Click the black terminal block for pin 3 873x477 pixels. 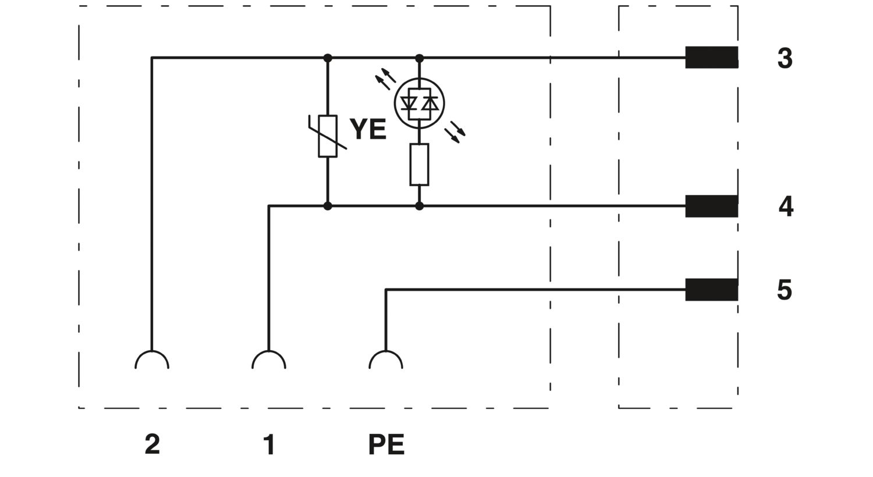click(712, 57)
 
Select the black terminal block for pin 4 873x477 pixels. click(712, 206)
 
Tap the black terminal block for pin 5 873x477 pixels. click(712, 289)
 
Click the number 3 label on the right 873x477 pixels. click(785, 58)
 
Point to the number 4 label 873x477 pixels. click(786, 207)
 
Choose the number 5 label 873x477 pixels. click(785, 290)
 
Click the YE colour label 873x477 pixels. click(368, 129)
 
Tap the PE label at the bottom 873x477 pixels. click(386, 444)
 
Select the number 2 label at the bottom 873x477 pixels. click(152, 444)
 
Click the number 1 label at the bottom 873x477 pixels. click(269, 444)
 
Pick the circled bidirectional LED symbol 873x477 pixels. click(420, 103)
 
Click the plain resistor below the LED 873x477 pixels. click(420, 164)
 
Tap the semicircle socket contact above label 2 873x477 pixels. click(152, 351)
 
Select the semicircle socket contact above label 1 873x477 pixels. click(269, 351)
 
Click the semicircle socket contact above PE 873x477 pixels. click(386, 351)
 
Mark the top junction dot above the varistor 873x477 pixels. click(328, 58)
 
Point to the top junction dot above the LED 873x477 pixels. click(420, 58)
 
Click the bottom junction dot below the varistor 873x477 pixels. click(328, 206)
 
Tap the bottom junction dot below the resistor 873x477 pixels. click(420, 206)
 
